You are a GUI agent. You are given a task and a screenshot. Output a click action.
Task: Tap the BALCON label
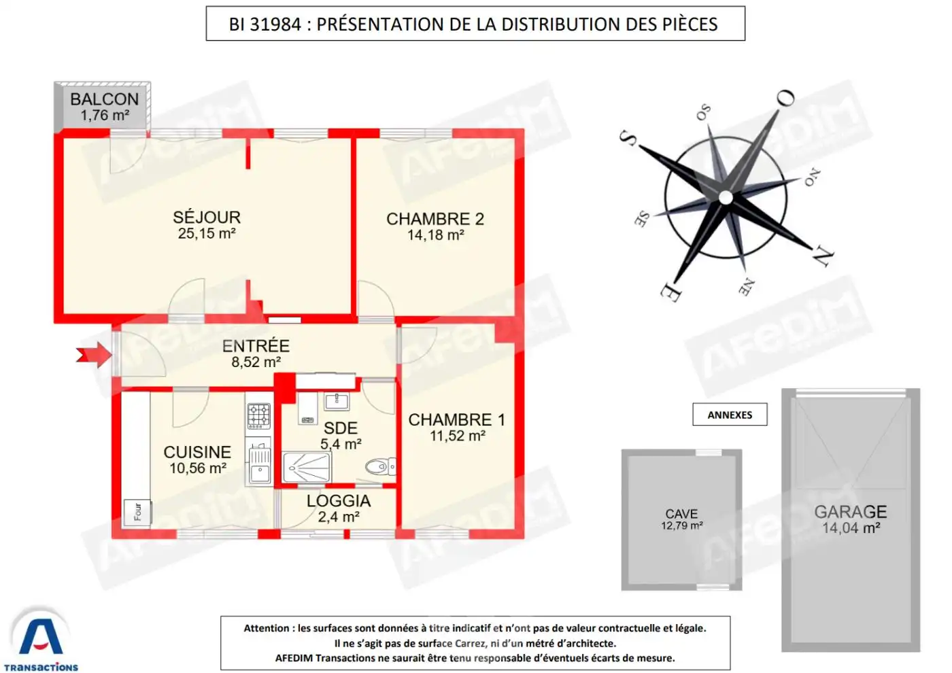[x=104, y=99]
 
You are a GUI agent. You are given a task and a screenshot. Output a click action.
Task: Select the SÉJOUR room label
[x=207, y=218]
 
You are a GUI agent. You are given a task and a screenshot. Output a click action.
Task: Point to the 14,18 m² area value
[x=436, y=235]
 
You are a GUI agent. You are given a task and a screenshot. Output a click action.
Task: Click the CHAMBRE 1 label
[x=456, y=420]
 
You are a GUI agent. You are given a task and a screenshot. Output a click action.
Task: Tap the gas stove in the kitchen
[x=258, y=415]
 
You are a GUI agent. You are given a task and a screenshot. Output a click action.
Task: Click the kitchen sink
[x=260, y=466]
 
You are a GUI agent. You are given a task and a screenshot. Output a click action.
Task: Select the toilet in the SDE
[x=379, y=466]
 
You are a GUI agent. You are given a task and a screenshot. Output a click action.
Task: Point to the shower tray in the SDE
[x=307, y=467]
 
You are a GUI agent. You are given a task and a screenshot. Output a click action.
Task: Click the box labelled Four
[x=137, y=512]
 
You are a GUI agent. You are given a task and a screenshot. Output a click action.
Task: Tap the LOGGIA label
[x=339, y=501]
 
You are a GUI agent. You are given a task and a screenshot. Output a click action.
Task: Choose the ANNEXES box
[x=730, y=415]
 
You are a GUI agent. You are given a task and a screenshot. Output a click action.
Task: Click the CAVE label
[x=681, y=514]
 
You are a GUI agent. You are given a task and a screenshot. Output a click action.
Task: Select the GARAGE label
[x=851, y=512]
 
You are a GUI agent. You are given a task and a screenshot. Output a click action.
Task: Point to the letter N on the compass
[x=823, y=256]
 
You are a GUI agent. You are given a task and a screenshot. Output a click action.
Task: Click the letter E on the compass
[x=670, y=292]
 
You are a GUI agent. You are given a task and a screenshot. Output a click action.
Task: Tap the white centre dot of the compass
[x=726, y=198]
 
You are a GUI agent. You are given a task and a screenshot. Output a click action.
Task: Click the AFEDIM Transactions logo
[x=41, y=639]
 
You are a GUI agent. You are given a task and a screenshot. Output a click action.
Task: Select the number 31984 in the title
[x=275, y=24]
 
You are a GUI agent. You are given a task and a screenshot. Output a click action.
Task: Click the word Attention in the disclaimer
[x=267, y=628]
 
